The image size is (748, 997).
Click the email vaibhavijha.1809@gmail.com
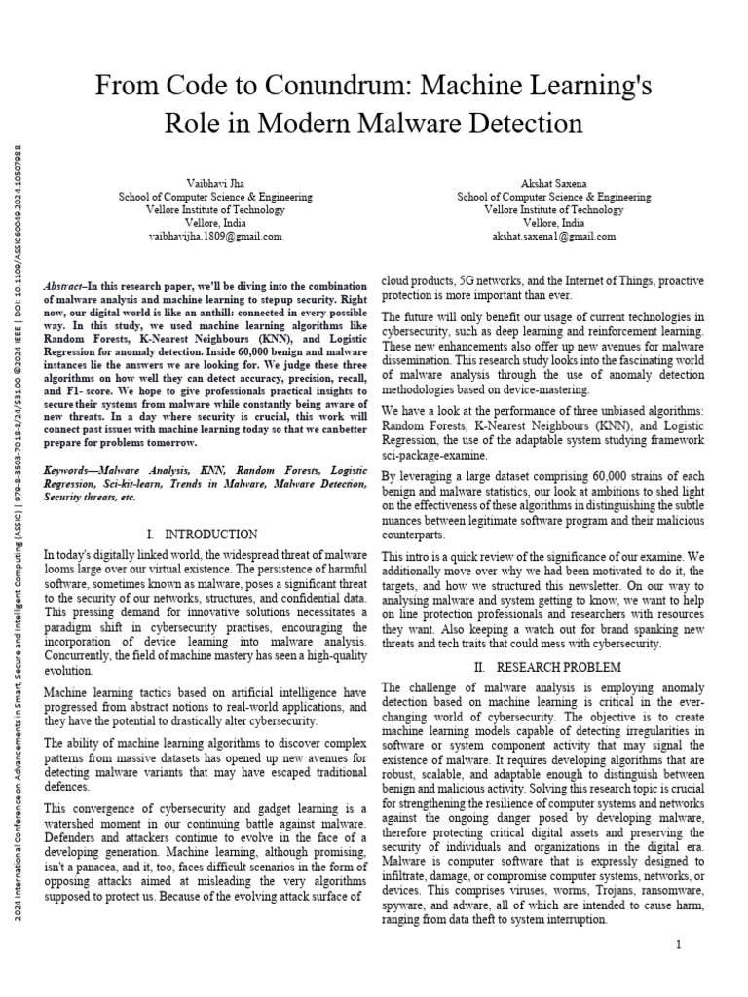215,236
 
